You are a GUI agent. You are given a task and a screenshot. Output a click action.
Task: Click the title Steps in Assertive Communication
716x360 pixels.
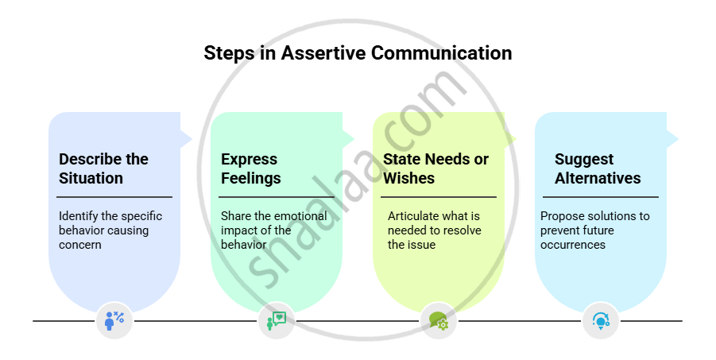click(x=358, y=53)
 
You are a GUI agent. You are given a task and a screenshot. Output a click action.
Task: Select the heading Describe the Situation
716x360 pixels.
click(x=103, y=168)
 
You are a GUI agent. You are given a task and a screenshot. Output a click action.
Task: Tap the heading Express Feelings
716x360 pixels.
click(x=250, y=168)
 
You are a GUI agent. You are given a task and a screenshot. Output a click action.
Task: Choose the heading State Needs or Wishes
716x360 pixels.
click(x=435, y=168)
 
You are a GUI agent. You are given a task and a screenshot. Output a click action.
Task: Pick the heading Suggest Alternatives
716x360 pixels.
click(x=598, y=168)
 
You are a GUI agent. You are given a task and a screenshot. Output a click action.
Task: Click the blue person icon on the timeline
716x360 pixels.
click(x=114, y=321)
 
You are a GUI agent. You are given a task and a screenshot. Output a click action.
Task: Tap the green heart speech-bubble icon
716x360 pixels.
click(x=276, y=321)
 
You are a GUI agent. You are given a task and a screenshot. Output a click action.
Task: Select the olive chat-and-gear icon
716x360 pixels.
click(x=439, y=321)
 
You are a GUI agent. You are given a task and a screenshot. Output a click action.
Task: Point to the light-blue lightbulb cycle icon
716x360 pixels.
click(x=601, y=321)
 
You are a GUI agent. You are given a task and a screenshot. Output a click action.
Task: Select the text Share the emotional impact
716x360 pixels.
click(x=273, y=230)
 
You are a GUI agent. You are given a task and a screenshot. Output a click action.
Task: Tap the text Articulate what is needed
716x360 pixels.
click(x=434, y=230)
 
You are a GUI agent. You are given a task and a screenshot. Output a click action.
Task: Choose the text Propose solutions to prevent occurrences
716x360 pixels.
click(x=594, y=230)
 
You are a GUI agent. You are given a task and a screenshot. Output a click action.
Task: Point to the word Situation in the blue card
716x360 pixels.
click(x=91, y=178)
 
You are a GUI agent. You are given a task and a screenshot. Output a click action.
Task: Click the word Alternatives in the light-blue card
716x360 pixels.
click(x=598, y=178)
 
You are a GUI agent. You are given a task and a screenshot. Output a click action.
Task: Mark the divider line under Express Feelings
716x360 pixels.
click(x=277, y=196)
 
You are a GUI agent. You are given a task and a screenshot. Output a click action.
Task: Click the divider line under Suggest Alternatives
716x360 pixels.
click(x=601, y=196)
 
